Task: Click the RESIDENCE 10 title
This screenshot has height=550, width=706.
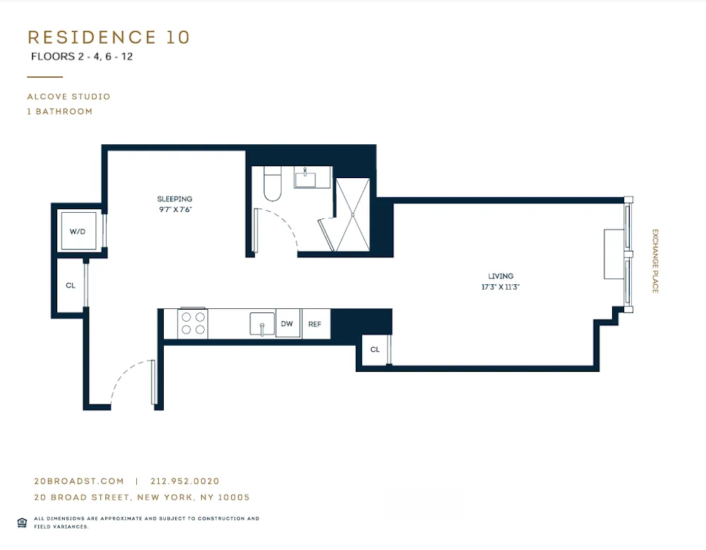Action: tap(109, 37)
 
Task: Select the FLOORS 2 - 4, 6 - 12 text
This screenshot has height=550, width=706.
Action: tap(82, 57)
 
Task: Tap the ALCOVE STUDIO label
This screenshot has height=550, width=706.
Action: tap(68, 97)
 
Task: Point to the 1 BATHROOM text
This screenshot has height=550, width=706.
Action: tap(59, 112)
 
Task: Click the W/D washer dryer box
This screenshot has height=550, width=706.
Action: tap(77, 231)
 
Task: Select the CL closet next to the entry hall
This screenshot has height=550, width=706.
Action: tap(71, 286)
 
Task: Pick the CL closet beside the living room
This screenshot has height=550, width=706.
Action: tap(375, 350)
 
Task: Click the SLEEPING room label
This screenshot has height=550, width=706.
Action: tap(174, 199)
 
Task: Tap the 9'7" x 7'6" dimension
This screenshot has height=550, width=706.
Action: tap(174, 209)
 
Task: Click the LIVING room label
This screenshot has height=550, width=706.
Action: tap(501, 276)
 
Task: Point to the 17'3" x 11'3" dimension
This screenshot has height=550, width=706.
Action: tap(501, 287)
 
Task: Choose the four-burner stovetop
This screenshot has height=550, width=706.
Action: tap(193, 323)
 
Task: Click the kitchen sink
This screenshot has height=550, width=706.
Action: tap(261, 324)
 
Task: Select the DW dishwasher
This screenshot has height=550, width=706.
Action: tap(287, 324)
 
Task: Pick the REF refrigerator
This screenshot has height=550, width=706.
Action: tap(315, 324)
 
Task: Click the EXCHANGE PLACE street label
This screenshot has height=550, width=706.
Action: tap(654, 261)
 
